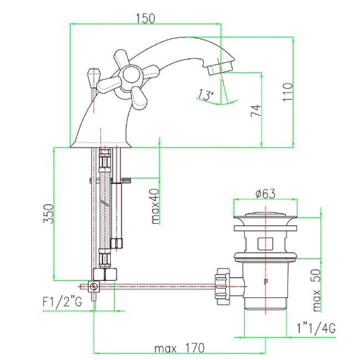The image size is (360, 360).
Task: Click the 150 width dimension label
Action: (x=146, y=18)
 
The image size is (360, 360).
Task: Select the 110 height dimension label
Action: (x=287, y=92)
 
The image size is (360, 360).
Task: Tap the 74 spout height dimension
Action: (x=256, y=111)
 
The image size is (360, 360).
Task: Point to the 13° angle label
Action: (x=205, y=94)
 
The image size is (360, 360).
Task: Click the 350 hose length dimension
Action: (x=48, y=214)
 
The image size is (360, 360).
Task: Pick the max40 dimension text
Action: (x=155, y=206)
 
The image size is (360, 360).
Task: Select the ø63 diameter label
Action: (x=265, y=193)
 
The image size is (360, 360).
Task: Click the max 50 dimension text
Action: (x=317, y=290)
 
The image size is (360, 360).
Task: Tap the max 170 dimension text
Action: (x=179, y=348)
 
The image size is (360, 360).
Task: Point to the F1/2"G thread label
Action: (x=62, y=301)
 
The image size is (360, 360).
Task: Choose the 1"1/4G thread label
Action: (x=316, y=328)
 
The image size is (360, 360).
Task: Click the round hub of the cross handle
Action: (x=131, y=75)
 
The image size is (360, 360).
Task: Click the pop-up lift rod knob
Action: (x=93, y=77)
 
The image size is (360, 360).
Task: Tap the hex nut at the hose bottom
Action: (x=105, y=274)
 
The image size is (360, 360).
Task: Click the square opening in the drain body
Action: (x=265, y=244)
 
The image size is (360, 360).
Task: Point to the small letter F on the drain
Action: (x=266, y=281)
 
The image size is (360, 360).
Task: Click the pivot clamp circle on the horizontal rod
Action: (x=94, y=286)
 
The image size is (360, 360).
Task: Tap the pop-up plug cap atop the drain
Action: (x=265, y=215)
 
